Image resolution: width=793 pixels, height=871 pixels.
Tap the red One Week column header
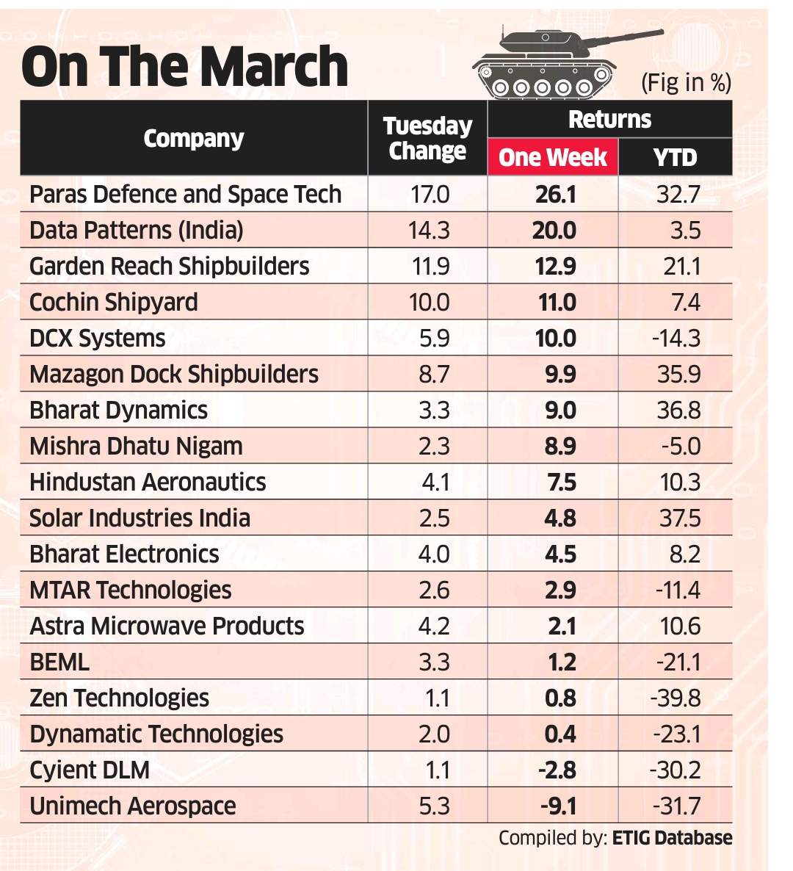(553, 157)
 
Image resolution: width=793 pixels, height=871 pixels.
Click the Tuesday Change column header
(427, 138)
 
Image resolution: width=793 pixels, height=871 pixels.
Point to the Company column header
(193, 138)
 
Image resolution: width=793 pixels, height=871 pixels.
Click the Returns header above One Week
(609, 119)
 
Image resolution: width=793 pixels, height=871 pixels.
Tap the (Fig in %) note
(686, 82)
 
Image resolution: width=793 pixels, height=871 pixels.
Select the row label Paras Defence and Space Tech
(185, 194)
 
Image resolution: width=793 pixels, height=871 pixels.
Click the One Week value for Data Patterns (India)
(554, 230)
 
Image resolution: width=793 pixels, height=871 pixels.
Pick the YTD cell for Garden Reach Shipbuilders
(681, 266)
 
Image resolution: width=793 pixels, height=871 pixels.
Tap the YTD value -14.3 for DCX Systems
(676, 338)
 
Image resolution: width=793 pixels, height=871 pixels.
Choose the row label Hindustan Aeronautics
(148, 482)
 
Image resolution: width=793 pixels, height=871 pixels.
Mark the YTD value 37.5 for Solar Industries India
(679, 518)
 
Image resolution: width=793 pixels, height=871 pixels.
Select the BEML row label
(59, 662)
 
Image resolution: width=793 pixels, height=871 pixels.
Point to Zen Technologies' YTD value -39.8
(675, 698)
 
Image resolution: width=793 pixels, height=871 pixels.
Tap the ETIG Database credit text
(672, 838)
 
